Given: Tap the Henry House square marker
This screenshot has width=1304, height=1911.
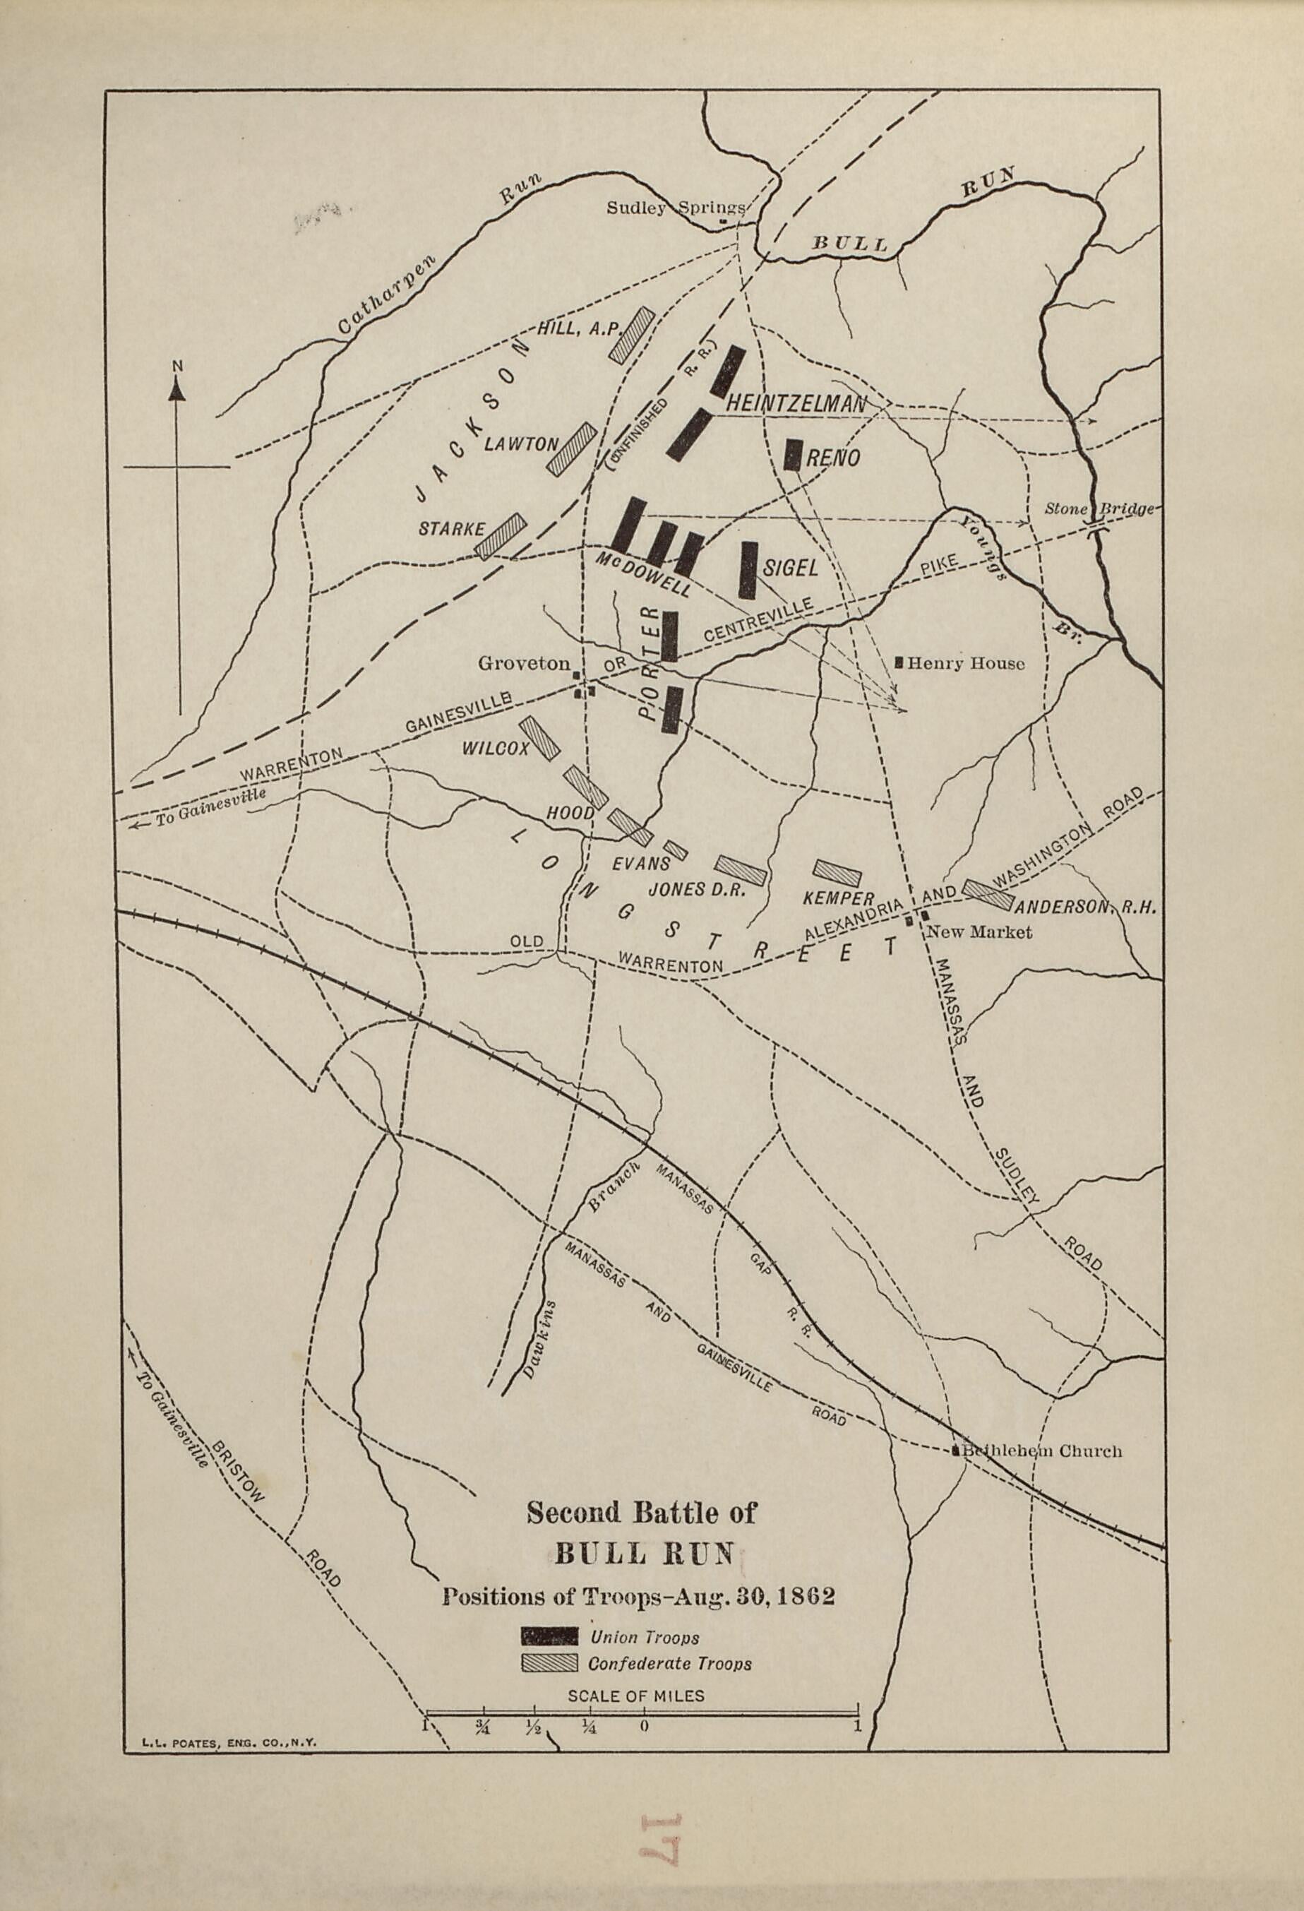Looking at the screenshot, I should (899, 661).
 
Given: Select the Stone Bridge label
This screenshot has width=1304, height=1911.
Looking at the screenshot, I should (1099, 508).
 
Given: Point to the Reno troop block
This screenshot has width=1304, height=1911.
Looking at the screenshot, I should (793, 454).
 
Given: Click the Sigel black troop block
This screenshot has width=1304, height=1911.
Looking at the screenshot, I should (748, 569).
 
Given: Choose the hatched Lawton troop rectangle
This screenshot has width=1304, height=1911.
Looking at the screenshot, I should (571, 448).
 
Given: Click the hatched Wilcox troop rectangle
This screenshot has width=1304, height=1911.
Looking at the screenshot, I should (540, 737).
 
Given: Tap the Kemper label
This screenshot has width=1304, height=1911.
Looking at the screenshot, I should (838, 899).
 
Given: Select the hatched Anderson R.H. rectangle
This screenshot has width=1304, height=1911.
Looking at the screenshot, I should (988, 895).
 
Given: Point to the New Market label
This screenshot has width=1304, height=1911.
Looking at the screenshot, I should (979, 931).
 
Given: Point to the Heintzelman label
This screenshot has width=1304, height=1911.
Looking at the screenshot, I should (796, 403).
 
